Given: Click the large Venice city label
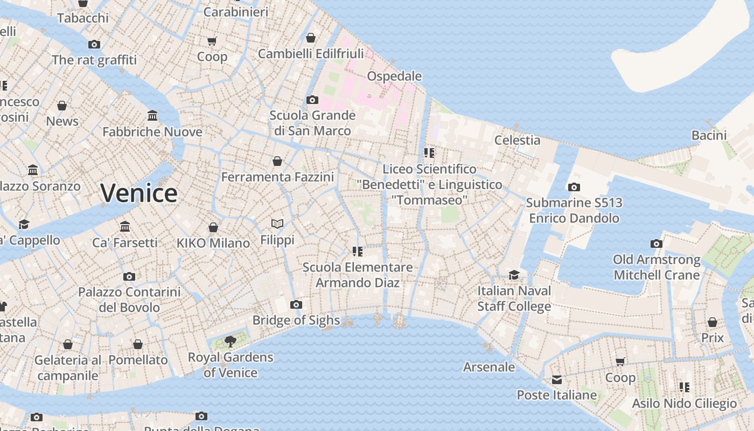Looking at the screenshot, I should tap(139, 193).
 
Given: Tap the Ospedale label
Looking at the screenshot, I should tap(394, 76).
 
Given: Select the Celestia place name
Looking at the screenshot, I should tap(517, 140).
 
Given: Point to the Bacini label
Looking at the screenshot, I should tap(709, 135).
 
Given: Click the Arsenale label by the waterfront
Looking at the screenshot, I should tap(489, 367).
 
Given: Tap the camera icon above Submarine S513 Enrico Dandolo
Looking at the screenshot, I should tap(574, 187).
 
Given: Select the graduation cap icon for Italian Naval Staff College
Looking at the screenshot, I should tap(514, 275).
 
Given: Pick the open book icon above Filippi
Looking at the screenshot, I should tap(277, 224).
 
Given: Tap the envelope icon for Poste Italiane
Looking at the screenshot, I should tap(556, 380).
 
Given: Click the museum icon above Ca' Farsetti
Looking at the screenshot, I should tap(125, 226).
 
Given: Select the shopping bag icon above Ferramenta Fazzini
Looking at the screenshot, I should tap(277, 161).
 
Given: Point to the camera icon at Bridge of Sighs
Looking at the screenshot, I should tap(296, 304).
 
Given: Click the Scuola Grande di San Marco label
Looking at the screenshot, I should tap(312, 123).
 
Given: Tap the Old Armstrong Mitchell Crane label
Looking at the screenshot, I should tap(657, 267).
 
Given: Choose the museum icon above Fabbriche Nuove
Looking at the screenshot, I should tap(152, 116).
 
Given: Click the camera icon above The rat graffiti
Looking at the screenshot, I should tap(94, 44).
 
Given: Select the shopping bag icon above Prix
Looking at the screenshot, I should tap(713, 322).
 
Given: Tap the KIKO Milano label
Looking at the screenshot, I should tap(213, 243).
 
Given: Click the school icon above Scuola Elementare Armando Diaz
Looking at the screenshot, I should tap(358, 251).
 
